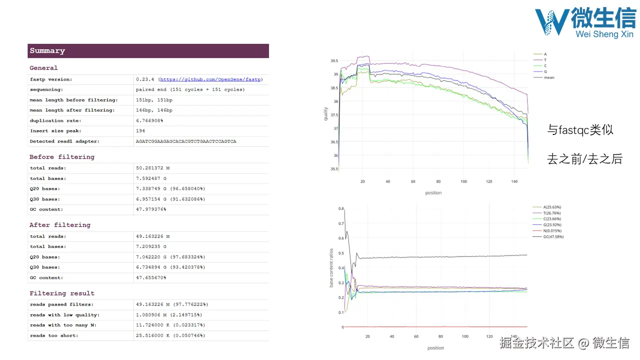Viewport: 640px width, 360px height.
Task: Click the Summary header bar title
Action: pyautogui.click(x=47, y=51)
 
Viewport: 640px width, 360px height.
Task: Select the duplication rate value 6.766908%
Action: pyautogui.click(x=149, y=120)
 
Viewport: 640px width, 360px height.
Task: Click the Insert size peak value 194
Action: pyautogui.click(x=140, y=131)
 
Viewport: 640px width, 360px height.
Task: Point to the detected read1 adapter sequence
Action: pyautogui.click(x=186, y=141)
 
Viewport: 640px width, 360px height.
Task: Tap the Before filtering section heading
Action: pyautogui.click(x=62, y=157)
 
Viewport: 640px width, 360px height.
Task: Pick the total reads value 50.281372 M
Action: pyautogui.click(x=152, y=168)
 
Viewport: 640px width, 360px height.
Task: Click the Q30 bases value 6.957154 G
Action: pyautogui.click(x=170, y=199)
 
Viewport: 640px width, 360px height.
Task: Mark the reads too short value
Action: pyautogui.click(x=170, y=335)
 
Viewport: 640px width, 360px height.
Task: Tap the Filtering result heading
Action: pyautogui.click(x=62, y=293)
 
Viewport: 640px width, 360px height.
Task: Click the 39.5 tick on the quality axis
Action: pyautogui.click(x=334, y=61)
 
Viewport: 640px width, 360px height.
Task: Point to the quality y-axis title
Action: pyautogui.click(x=326, y=113)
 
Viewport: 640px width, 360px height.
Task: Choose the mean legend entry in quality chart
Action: pyautogui.click(x=548, y=77)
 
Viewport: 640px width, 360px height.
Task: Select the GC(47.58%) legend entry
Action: pyautogui.click(x=553, y=237)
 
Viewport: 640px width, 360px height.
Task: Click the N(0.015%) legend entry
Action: pyautogui.click(x=552, y=231)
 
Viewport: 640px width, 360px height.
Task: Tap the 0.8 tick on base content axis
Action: pyautogui.click(x=341, y=208)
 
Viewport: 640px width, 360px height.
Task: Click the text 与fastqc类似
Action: pyautogui.click(x=580, y=130)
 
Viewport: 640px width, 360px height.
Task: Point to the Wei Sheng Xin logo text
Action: pyautogui.click(x=604, y=34)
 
